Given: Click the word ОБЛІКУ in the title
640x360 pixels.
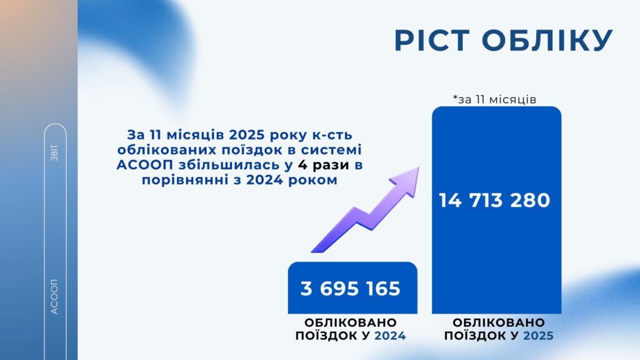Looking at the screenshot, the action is click(x=547, y=41).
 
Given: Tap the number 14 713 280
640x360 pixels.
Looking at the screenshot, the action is click(x=495, y=201).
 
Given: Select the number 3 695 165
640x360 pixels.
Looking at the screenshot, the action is click(x=351, y=289).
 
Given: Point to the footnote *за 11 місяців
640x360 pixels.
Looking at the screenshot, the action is click(x=495, y=99).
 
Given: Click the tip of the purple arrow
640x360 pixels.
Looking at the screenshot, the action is click(x=419, y=167).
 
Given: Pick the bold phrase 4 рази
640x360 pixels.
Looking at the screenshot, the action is click(x=323, y=165).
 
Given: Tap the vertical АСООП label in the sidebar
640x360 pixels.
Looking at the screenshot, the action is click(x=54, y=297).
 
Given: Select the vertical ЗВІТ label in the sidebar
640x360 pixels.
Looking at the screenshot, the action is click(x=55, y=152).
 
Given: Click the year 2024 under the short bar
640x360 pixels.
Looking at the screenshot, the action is click(x=390, y=336).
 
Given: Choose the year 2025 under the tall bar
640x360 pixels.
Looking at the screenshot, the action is click(x=539, y=336).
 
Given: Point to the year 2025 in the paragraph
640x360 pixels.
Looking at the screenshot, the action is click(x=244, y=135).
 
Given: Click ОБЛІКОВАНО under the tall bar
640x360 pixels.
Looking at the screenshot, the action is click(x=499, y=322).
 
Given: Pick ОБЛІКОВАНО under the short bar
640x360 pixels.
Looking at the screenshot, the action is click(x=351, y=322).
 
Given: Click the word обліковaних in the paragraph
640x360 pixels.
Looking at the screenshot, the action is click(x=167, y=150).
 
